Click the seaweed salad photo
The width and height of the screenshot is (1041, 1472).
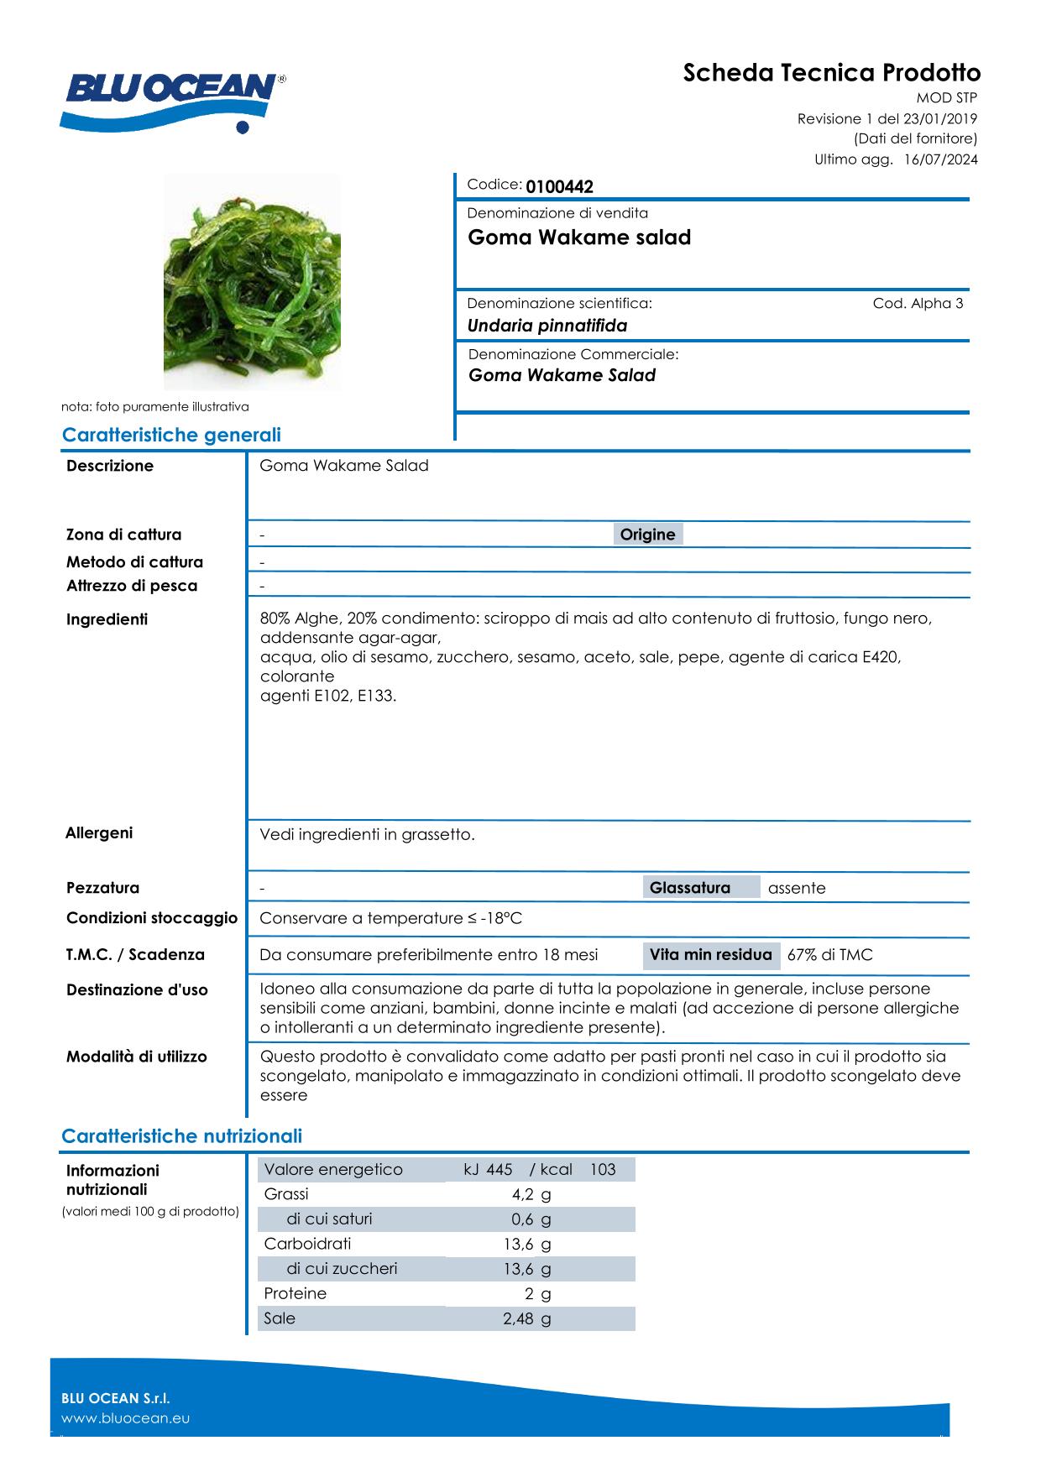pyautogui.click(x=252, y=282)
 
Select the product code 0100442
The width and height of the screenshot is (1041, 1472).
pyautogui.click(x=559, y=187)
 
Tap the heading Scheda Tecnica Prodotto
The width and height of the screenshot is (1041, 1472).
pyautogui.click(x=831, y=73)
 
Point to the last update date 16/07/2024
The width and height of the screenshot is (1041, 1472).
pyautogui.click(x=940, y=159)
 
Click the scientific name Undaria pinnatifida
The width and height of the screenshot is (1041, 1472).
pyautogui.click(x=547, y=326)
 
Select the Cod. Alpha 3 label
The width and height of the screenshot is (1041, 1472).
pyautogui.click(x=918, y=303)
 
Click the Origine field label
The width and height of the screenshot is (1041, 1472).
pyautogui.click(x=647, y=535)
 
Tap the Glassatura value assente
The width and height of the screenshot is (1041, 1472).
pyautogui.click(x=797, y=888)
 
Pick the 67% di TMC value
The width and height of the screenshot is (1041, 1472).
pyautogui.click(x=829, y=955)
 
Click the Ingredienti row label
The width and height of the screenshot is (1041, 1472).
pyautogui.click(x=107, y=619)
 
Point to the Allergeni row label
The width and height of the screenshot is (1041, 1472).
pyautogui.click(x=99, y=833)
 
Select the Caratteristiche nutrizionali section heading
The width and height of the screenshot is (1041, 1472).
pyautogui.click(x=181, y=1136)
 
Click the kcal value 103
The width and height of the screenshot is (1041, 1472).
pyautogui.click(x=603, y=1170)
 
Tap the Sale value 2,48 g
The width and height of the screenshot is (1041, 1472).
pyautogui.click(x=526, y=1318)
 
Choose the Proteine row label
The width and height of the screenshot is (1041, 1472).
pyautogui.click(x=295, y=1293)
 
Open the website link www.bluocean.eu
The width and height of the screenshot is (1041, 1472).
pyautogui.click(x=126, y=1418)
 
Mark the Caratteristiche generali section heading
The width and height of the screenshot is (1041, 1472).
pyautogui.click(x=171, y=435)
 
